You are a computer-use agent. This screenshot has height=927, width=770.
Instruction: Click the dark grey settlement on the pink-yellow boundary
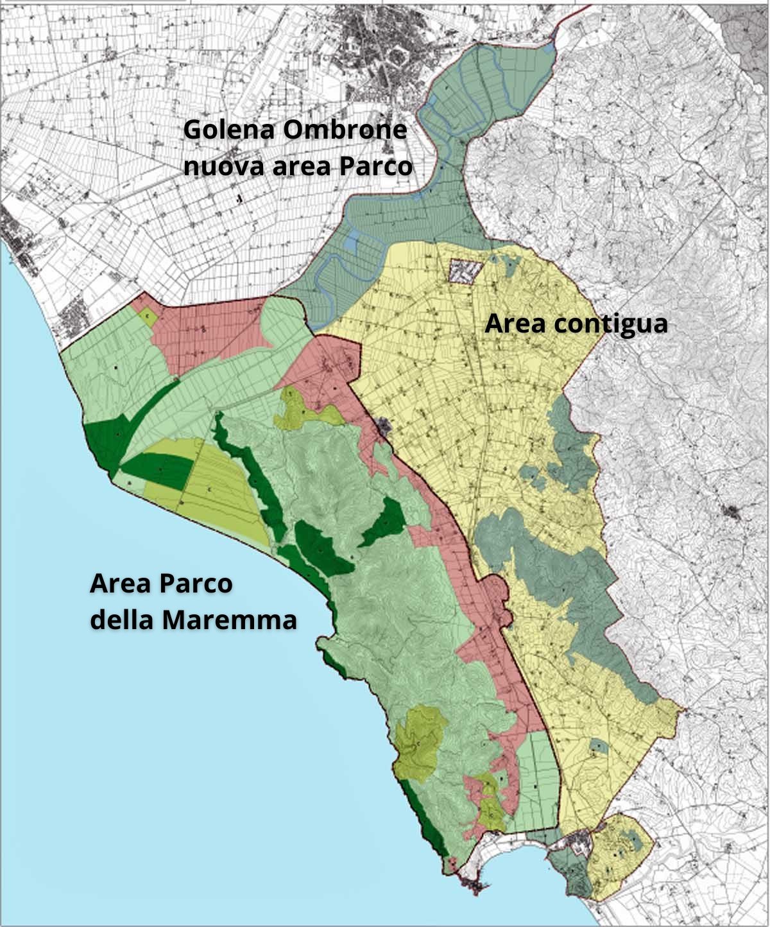[385, 426]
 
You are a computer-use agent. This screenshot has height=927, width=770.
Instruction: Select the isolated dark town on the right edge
[731, 512]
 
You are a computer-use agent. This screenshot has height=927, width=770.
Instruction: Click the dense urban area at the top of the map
[379, 39]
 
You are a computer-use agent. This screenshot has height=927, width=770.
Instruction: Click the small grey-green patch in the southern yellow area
[597, 745]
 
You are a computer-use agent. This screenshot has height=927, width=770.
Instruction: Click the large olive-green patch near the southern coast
[420, 741]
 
